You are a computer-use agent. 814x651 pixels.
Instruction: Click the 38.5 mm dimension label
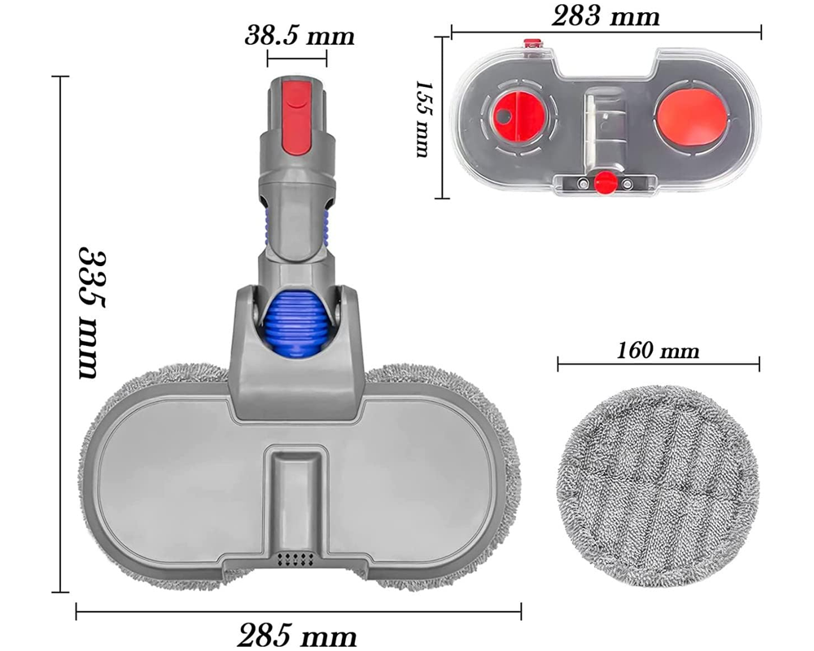[300, 36]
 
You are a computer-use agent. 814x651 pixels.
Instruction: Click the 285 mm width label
[297, 633]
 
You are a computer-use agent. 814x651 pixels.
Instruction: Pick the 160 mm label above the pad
[658, 352]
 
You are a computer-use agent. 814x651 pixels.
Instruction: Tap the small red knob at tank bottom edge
[603, 180]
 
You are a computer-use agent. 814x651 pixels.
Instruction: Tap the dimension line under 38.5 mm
[296, 57]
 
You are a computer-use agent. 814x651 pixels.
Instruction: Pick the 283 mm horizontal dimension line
[606, 33]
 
